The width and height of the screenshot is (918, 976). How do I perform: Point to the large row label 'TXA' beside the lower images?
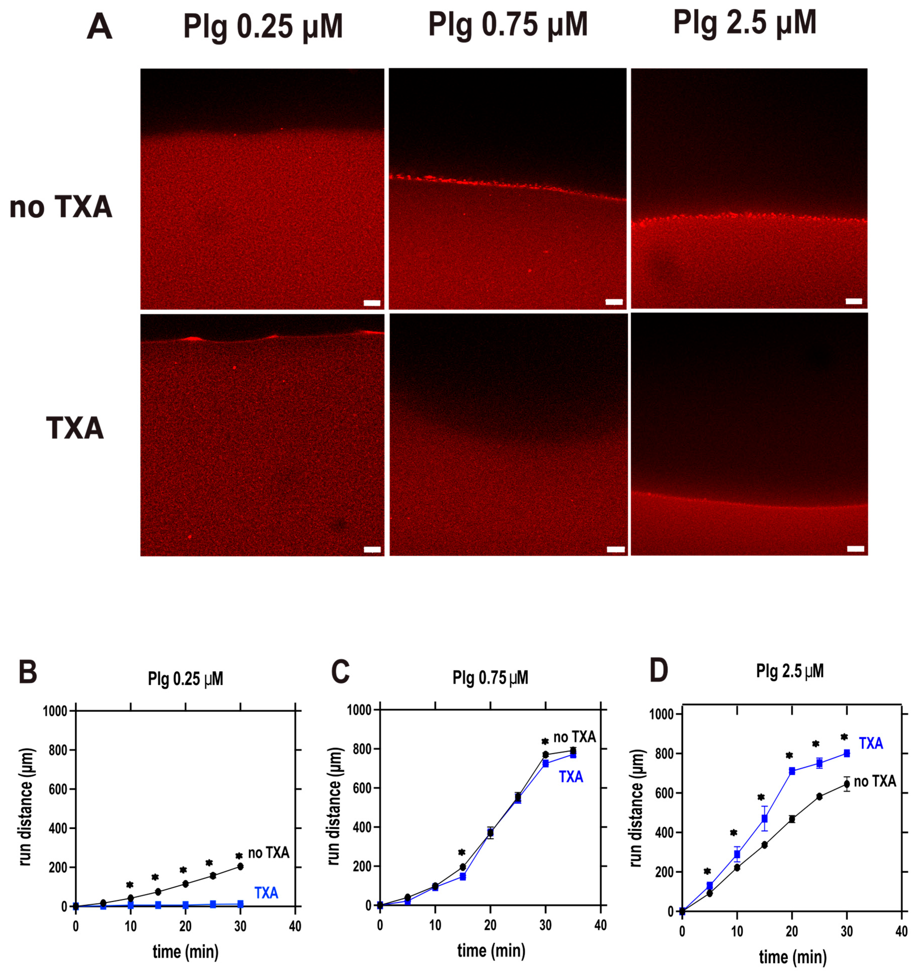pos(75,428)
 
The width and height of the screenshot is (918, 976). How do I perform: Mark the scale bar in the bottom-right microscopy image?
pos(856,548)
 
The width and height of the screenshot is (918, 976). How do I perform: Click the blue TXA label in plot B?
pos(266,893)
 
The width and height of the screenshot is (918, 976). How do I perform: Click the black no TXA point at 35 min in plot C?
pos(572,751)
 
